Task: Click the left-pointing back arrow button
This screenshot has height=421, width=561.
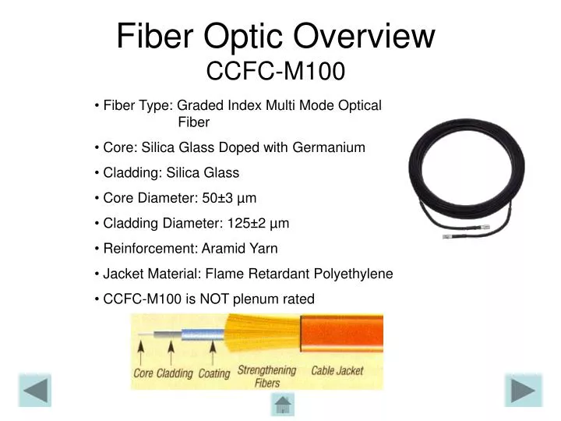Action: pyautogui.click(x=34, y=391)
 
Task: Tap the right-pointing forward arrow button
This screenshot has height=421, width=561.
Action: pyautogui.click(x=523, y=391)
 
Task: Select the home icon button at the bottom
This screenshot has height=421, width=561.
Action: pyautogui.click(x=282, y=405)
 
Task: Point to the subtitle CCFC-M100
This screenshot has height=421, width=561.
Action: pyautogui.click(x=275, y=72)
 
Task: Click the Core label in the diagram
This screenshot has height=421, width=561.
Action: pyautogui.click(x=143, y=373)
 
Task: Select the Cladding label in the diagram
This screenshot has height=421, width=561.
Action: pyautogui.click(x=175, y=373)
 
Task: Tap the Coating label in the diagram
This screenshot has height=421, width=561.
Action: pyautogui.click(x=213, y=373)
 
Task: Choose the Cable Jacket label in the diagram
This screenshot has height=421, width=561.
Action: pyautogui.click(x=337, y=371)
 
